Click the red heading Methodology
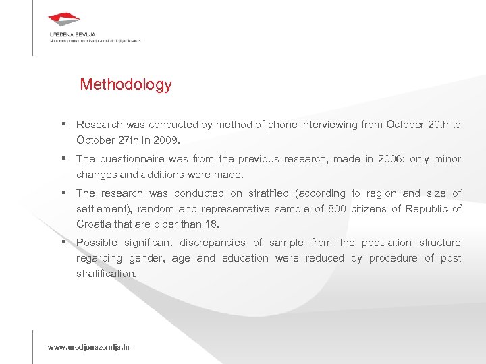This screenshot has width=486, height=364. click(126, 85)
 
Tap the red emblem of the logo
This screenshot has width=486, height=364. click(65, 20)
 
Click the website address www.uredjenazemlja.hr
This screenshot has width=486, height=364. click(88, 347)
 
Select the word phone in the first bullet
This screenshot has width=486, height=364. click(282, 125)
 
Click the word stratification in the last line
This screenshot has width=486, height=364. click(105, 274)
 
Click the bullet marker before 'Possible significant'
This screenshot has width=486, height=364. click(63, 243)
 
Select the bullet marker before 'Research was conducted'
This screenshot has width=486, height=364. click(63, 125)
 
